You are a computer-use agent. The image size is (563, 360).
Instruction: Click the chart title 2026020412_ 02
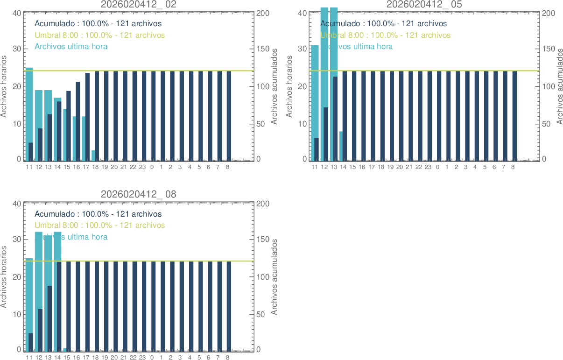139,4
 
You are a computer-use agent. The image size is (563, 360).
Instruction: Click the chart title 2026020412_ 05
424,4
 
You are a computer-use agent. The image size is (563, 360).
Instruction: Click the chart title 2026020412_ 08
139,194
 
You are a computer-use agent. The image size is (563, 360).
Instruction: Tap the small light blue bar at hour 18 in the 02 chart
93,155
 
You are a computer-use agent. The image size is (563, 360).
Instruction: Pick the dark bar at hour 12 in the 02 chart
40,144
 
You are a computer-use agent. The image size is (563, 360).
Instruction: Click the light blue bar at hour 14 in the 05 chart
341,146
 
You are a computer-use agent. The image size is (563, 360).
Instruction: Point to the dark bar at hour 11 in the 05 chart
317,149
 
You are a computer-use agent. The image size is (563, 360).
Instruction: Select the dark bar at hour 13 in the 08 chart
49,318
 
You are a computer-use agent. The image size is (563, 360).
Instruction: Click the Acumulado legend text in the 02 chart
98,23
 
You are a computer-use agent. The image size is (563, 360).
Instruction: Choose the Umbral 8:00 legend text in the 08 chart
100,225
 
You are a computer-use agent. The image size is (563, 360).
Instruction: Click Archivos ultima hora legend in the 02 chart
71,46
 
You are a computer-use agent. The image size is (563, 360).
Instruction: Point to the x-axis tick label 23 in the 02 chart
142,167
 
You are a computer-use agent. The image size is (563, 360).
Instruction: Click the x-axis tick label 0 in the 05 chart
437,167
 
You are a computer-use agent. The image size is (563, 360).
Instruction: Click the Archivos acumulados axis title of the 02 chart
274,86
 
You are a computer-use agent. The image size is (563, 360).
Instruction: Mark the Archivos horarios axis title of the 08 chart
4,276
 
